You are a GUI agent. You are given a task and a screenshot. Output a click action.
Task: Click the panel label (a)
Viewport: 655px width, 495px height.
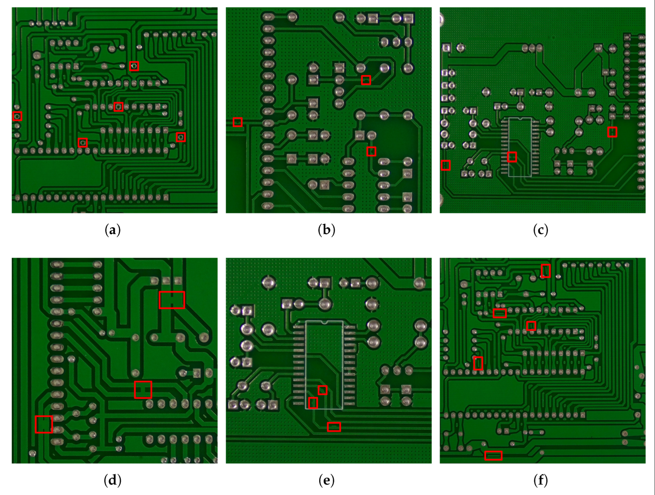coord(112,230)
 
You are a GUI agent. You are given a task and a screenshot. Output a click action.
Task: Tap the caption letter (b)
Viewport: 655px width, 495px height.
coord(326,230)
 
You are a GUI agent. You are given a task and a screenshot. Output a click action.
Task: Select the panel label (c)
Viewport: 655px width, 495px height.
coord(540,230)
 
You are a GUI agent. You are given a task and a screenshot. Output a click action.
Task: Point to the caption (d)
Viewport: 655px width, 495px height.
coord(112,480)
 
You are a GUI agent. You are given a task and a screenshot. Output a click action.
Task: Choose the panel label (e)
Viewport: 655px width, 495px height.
coord(326,480)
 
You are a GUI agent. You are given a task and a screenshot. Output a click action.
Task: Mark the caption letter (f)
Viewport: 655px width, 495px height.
coord(540,480)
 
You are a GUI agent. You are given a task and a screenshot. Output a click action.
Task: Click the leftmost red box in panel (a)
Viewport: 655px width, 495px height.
coord(17,116)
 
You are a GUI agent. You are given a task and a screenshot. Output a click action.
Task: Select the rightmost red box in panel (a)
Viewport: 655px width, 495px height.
coord(181,137)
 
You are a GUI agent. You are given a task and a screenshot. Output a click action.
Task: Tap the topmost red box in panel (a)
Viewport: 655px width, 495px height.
coord(134,66)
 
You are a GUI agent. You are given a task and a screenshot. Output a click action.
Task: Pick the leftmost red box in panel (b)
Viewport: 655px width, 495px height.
coord(237,122)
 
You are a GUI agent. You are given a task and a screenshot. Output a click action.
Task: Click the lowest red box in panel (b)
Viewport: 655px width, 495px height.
coord(371,151)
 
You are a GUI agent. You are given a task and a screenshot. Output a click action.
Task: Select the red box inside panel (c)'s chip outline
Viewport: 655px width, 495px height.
coord(512,157)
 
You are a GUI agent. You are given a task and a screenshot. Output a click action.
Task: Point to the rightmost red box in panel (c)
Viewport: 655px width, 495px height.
coord(612,132)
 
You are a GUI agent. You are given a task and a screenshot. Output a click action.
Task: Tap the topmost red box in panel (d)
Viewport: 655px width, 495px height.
coord(172,300)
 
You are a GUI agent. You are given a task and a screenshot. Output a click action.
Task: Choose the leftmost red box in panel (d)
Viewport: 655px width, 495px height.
coord(44,424)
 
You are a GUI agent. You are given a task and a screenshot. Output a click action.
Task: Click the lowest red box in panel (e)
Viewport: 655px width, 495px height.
coord(334,427)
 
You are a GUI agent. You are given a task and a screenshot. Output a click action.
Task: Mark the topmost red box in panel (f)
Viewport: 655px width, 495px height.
coord(545,271)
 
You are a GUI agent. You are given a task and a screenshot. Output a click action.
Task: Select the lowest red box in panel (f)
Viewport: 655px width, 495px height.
coord(493,455)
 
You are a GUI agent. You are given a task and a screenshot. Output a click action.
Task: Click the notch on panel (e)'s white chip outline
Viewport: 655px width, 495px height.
coord(324,322)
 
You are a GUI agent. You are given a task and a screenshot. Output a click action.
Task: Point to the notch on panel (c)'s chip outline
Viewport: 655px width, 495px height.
coord(520,118)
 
